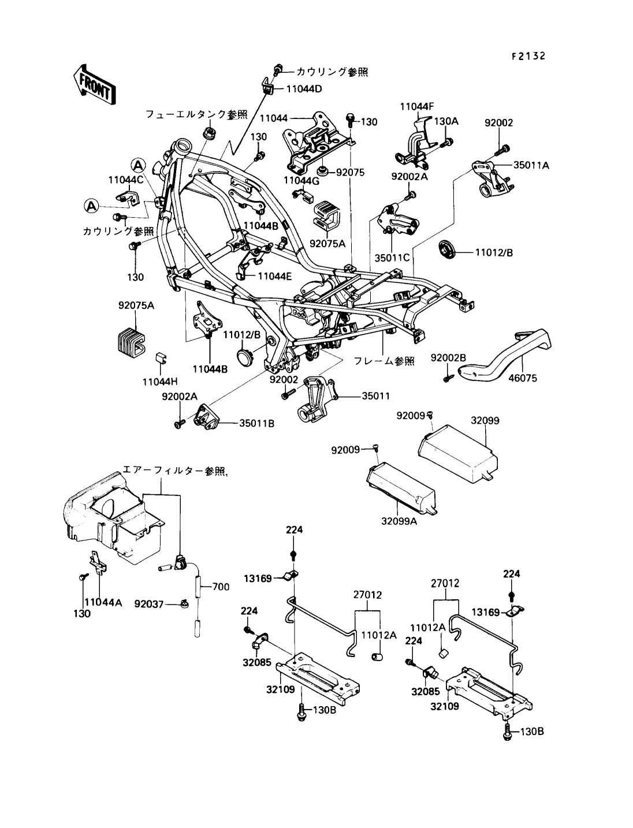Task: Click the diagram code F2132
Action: (528, 56)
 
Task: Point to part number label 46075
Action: (523, 378)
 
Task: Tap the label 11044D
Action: (304, 89)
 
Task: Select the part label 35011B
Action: (256, 423)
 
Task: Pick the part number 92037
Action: (149, 605)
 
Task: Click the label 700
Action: (221, 587)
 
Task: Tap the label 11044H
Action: (160, 382)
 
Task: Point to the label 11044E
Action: (275, 276)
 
